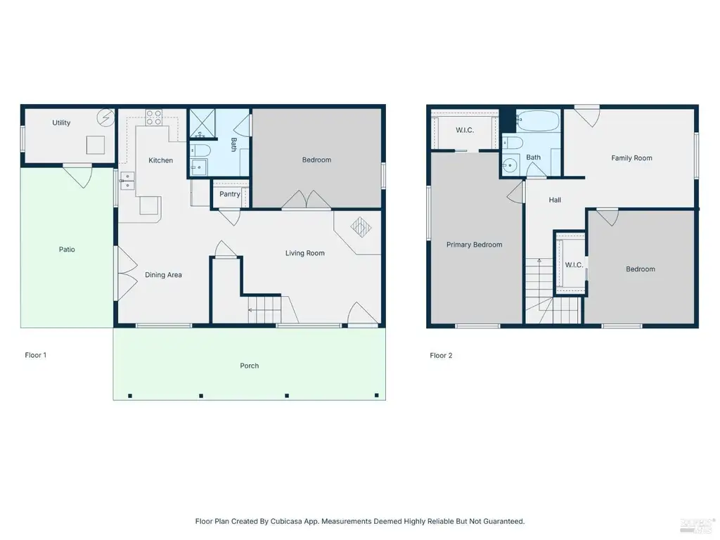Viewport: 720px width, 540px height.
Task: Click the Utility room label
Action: click(61, 122)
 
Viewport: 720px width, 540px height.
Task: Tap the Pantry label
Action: click(230, 194)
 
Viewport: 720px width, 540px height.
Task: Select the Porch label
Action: click(250, 366)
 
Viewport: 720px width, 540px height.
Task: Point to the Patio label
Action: click(67, 250)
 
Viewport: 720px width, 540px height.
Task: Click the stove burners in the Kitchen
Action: click(154, 117)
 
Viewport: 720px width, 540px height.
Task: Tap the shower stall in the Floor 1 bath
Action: click(202, 123)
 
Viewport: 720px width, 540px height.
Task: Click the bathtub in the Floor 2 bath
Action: click(538, 120)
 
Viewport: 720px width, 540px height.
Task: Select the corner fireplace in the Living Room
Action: click(361, 227)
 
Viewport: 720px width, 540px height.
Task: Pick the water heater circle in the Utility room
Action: click(105, 118)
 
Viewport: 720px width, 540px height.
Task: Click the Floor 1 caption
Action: click(35, 355)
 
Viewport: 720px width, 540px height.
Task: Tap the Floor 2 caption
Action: click(441, 355)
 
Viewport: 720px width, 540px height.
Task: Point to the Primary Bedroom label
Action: click(475, 245)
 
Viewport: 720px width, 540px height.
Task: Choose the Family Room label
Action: click(631, 158)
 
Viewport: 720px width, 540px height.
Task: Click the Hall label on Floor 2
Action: click(555, 200)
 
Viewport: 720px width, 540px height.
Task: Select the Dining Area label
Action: click(163, 275)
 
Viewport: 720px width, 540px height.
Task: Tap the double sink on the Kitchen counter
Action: click(127, 181)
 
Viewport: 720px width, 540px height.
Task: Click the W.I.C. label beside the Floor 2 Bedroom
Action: click(574, 265)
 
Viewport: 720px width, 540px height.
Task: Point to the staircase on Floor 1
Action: click(264, 309)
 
